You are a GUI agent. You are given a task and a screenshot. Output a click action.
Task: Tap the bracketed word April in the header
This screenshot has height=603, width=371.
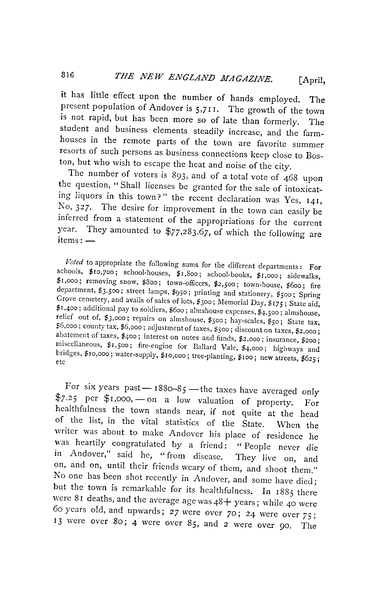click(311, 81)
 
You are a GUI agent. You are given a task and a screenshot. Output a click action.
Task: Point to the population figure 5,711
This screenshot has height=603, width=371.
click(206, 109)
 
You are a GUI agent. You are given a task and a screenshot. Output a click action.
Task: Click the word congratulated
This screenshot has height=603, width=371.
click(138, 444)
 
